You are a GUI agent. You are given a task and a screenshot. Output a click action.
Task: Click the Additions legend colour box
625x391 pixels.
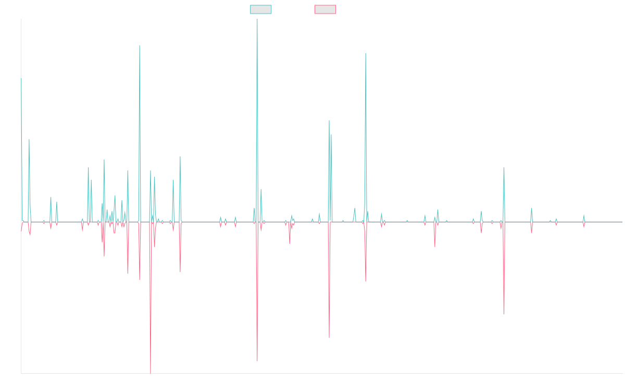pyautogui.click(x=261, y=9)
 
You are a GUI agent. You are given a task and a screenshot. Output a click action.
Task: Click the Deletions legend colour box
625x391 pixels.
pyautogui.click(x=326, y=9)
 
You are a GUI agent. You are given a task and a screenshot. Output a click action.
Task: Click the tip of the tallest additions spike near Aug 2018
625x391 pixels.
pyautogui.click(x=257, y=20)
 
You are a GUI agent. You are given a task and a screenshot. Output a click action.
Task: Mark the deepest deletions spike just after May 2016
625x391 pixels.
pyautogui.click(x=151, y=373)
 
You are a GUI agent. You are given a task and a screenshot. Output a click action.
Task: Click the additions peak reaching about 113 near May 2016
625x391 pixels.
pyautogui.click(x=140, y=46)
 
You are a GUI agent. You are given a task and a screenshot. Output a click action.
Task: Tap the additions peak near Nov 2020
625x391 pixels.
pyautogui.click(x=366, y=52)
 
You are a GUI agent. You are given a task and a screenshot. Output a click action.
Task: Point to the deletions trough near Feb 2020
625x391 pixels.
pyautogui.click(x=329, y=337)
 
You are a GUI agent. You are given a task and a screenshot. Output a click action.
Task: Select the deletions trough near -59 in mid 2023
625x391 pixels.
pyautogui.click(x=504, y=314)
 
